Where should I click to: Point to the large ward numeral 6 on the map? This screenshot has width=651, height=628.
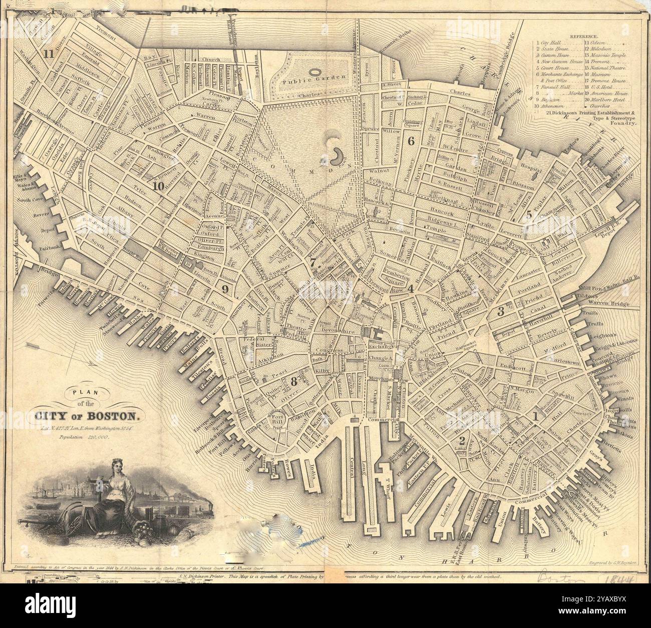[411, 141]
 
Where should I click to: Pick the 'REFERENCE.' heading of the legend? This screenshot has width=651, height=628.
[584, 37]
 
